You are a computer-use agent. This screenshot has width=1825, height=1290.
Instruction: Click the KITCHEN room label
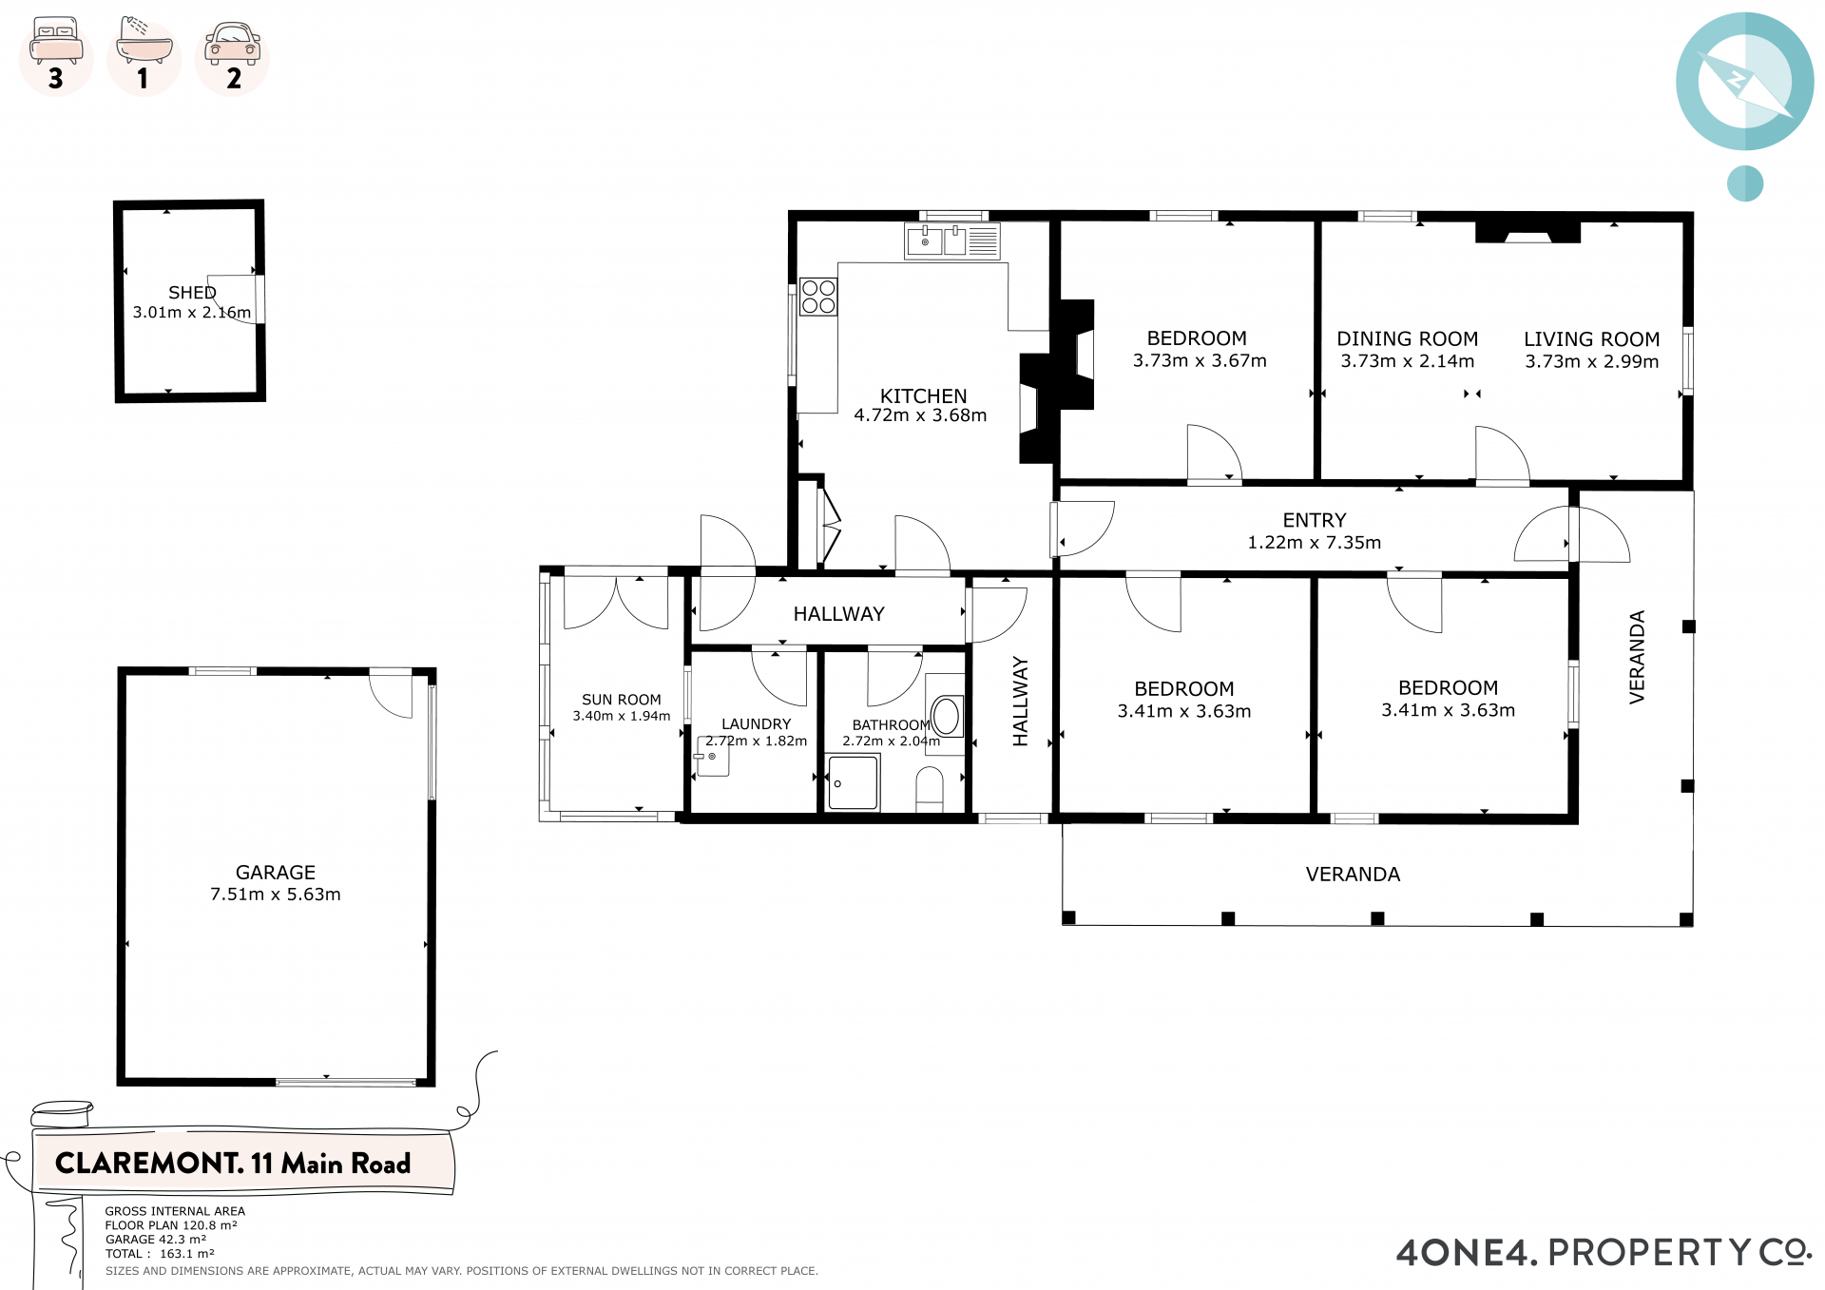(x=923, y=395)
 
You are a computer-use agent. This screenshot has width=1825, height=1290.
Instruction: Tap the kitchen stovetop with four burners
(x=818, y=297)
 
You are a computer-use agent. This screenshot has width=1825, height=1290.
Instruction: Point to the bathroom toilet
(x=930, y=789)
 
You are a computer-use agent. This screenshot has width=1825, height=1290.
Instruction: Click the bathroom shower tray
(x=853, y=782)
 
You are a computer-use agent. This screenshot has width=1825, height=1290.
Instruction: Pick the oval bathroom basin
(x=946, y=716)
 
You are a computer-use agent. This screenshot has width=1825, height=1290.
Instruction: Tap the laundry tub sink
(x=712, y=757)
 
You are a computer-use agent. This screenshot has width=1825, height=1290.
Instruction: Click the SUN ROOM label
(x=622, y=700)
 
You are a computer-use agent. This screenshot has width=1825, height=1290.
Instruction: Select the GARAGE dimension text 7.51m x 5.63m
(x=276, y=894)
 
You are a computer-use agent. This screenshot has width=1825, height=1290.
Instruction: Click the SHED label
(x=192, y=293)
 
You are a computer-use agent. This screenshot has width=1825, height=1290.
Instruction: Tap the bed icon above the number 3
(x=55, y=40)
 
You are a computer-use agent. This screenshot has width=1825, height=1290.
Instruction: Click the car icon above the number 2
(x=233, y=42)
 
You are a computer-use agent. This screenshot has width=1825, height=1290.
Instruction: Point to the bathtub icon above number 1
(x=144, y=40)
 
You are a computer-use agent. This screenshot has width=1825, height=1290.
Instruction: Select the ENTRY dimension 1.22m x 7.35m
(x=1315, y=542)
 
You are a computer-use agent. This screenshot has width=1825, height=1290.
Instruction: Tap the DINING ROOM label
(x=1408, y=338)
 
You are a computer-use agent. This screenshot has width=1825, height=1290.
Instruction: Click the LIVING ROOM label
(x=1592, y=339)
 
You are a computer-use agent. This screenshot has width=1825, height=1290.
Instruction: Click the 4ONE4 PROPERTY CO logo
(x=1604, y=1252)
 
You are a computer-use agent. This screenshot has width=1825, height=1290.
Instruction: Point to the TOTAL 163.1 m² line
(x=160, y=1254)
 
